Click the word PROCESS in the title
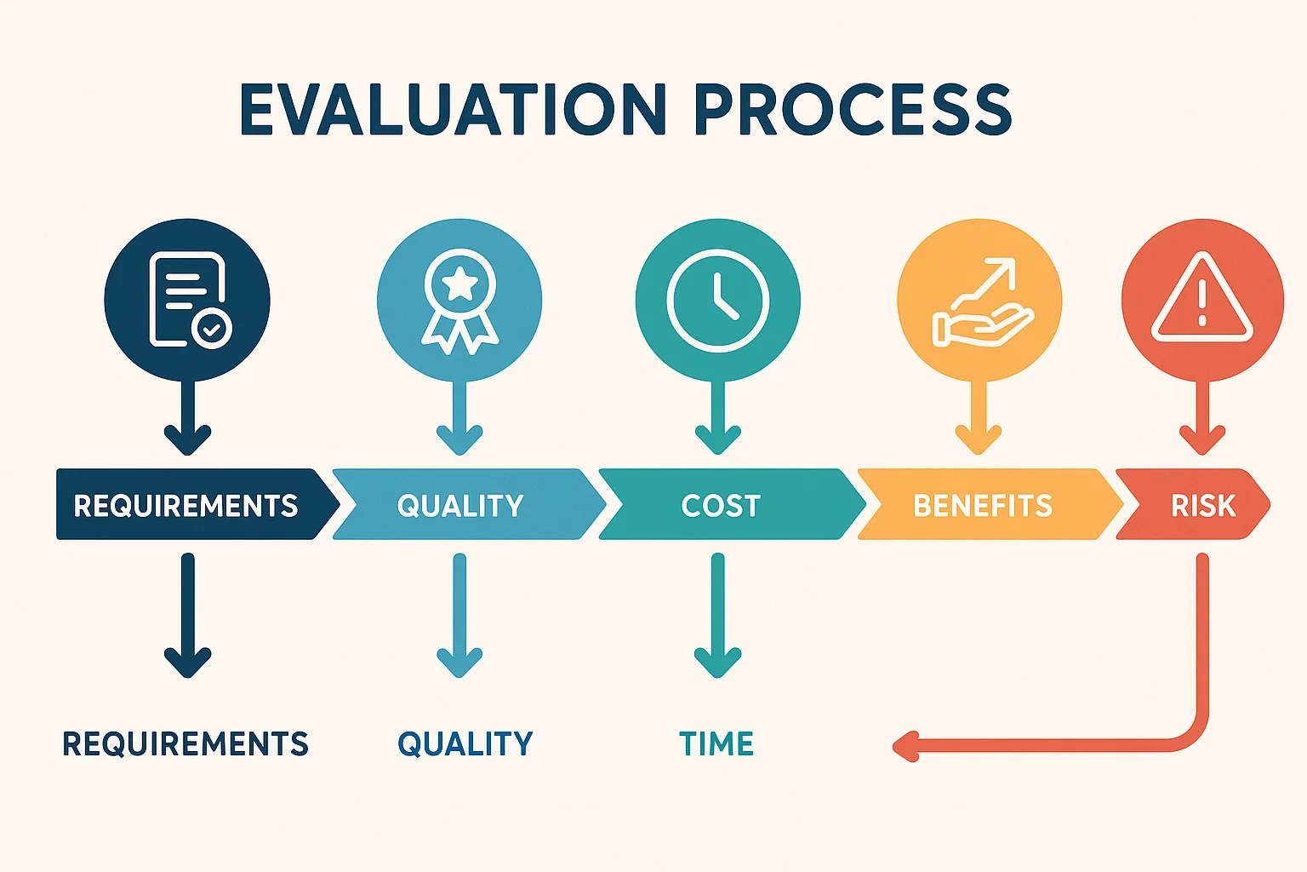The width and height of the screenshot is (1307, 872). click(852, 110)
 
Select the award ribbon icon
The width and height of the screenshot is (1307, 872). click(459, 300)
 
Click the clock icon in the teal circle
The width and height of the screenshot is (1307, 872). click(717, 300)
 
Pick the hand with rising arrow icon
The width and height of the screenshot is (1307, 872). click(980, 301)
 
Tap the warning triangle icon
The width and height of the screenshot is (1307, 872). click(1201, 298)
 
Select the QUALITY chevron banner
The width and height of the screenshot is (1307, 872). click(460, 505)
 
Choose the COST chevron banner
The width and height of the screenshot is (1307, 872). click(722, 505)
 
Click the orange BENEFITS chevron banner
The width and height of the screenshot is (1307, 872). click(983, 505)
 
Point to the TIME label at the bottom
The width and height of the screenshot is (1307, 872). click(716, 743)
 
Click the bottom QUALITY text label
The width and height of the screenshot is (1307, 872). click(465, 743)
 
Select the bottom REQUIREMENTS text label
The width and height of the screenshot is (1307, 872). click(185, 743)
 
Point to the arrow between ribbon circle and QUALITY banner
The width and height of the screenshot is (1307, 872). click(459, 419)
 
